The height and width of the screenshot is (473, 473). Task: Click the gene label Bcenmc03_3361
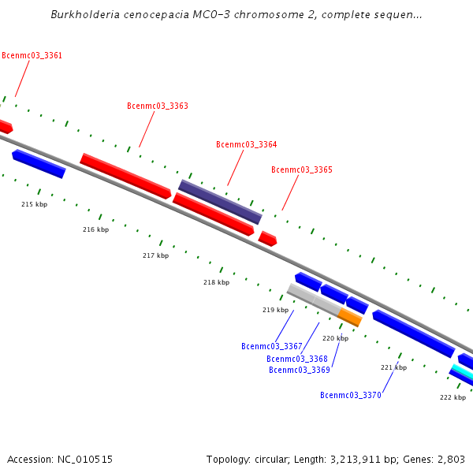tap(32, 56)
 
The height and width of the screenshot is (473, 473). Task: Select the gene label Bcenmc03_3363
tap(158, 106)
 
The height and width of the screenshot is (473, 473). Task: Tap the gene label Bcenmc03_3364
tap(246, 144)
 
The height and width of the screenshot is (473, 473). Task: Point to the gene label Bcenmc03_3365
tap(301, 169)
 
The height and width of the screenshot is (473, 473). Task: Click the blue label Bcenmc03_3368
tap(297, 359)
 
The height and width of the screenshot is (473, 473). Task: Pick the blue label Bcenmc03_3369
tap(299, 370)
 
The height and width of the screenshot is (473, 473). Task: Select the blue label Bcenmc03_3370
tap(351, 395)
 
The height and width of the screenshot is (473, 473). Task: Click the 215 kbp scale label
tap(34, 204)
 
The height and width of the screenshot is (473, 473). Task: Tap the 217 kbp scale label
tap(155, 255)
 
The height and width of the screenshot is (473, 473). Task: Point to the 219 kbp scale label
tap(275, 310)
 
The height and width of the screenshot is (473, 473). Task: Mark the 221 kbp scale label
tap(393, 367)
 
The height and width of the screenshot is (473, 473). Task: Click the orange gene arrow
tap(350, 317)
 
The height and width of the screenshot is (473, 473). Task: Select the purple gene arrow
tap(220, 202)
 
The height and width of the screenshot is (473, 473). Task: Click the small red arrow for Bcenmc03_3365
tap(268, 238)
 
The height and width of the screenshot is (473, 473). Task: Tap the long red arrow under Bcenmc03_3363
tap(125, 176)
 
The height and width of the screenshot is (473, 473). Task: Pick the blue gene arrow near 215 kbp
tap(39, 164)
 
